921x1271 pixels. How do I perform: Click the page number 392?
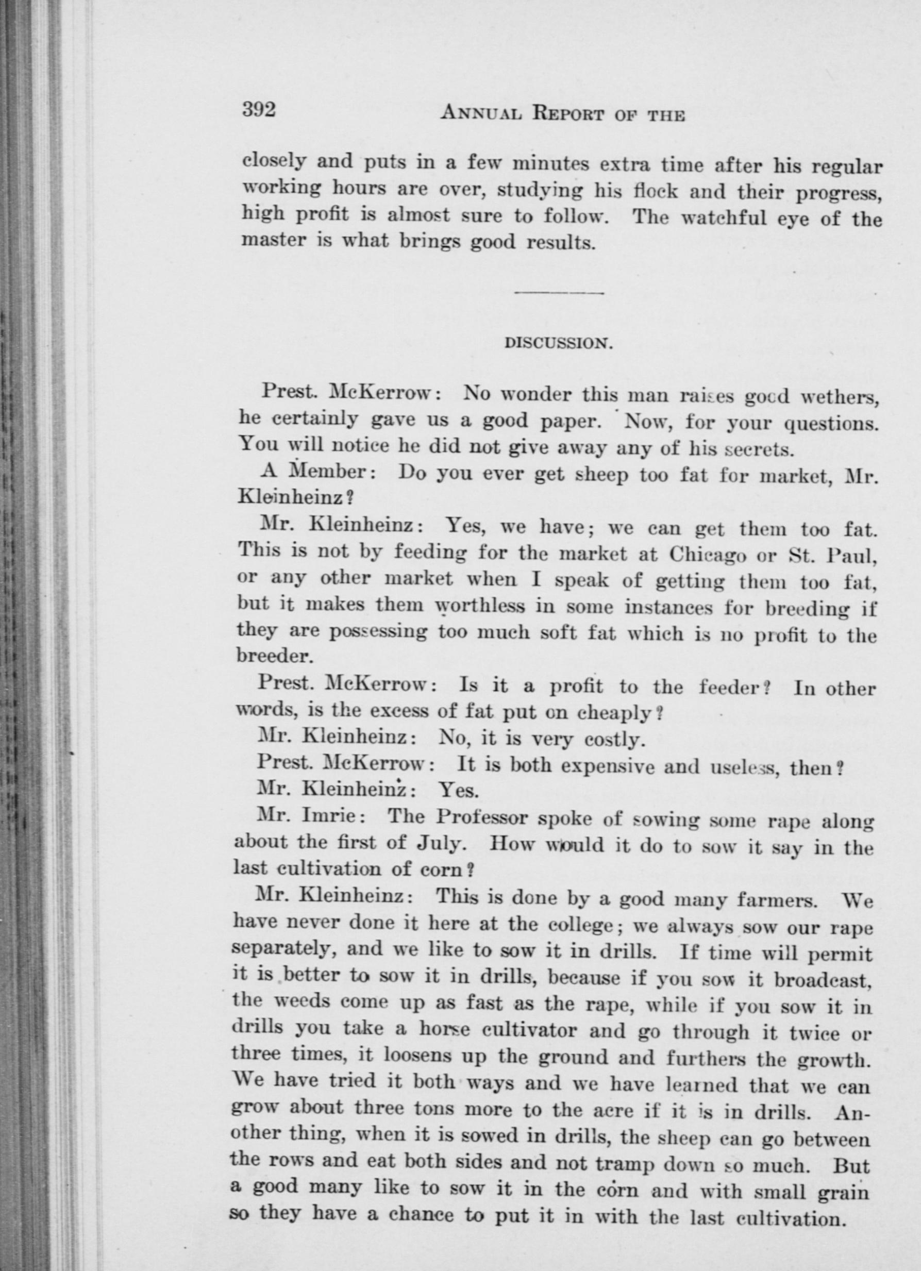click(259, 110)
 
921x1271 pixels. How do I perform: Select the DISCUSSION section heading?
click(559, 344)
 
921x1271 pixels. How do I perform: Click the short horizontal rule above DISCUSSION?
click(559, 293)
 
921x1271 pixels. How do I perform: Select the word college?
click(581, 925)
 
